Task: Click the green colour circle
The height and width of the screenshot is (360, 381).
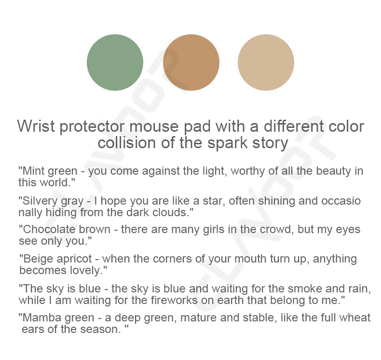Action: click(115, 62)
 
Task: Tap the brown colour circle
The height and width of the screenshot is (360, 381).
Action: click(191, 62)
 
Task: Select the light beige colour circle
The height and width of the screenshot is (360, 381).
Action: click(266, 62)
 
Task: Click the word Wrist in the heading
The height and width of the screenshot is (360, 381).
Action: click(36, 126)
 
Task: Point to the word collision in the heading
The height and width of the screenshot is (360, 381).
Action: click(126, 142)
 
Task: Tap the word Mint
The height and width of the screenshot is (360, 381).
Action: click(33, 171)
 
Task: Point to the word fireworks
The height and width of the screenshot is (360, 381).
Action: click(174, 300)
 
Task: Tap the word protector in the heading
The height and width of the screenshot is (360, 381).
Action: click(92, 126)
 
